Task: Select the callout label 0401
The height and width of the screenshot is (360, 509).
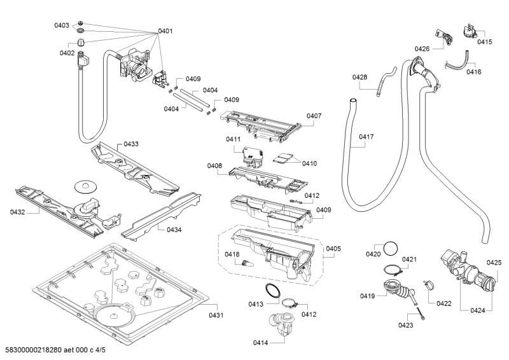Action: pyautogui.click(x=165, y=31)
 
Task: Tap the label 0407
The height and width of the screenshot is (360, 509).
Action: pyautogui.click(x=314, y=116)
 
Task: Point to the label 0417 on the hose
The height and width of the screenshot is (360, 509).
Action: pyautogui.click(x=366, y=136)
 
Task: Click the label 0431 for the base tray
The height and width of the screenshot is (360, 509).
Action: pyautogui.click(x=217, y=314)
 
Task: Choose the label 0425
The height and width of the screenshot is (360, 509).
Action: pyautogui.click(x=494, y=262)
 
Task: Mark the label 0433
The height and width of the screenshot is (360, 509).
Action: pyautogui.click(x=130, y=144)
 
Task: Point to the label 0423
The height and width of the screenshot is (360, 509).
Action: pyautogui.click(x=405, y=325)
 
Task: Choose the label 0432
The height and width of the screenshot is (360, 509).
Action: pyautogui.click(x=17, y=212)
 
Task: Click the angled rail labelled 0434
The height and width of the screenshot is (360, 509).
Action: pyautogui.click(x=156, y=216)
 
